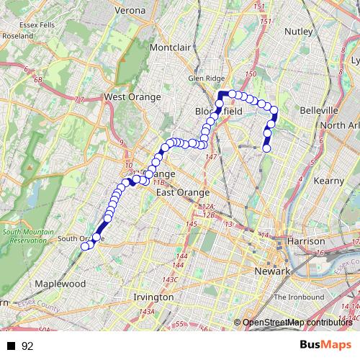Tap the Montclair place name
point(169,47)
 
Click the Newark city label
point(271,271)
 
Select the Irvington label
point(153,297)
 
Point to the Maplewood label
point(60,284)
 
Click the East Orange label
point(183,192)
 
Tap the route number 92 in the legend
point(28,346)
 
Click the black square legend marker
point(12,346)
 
